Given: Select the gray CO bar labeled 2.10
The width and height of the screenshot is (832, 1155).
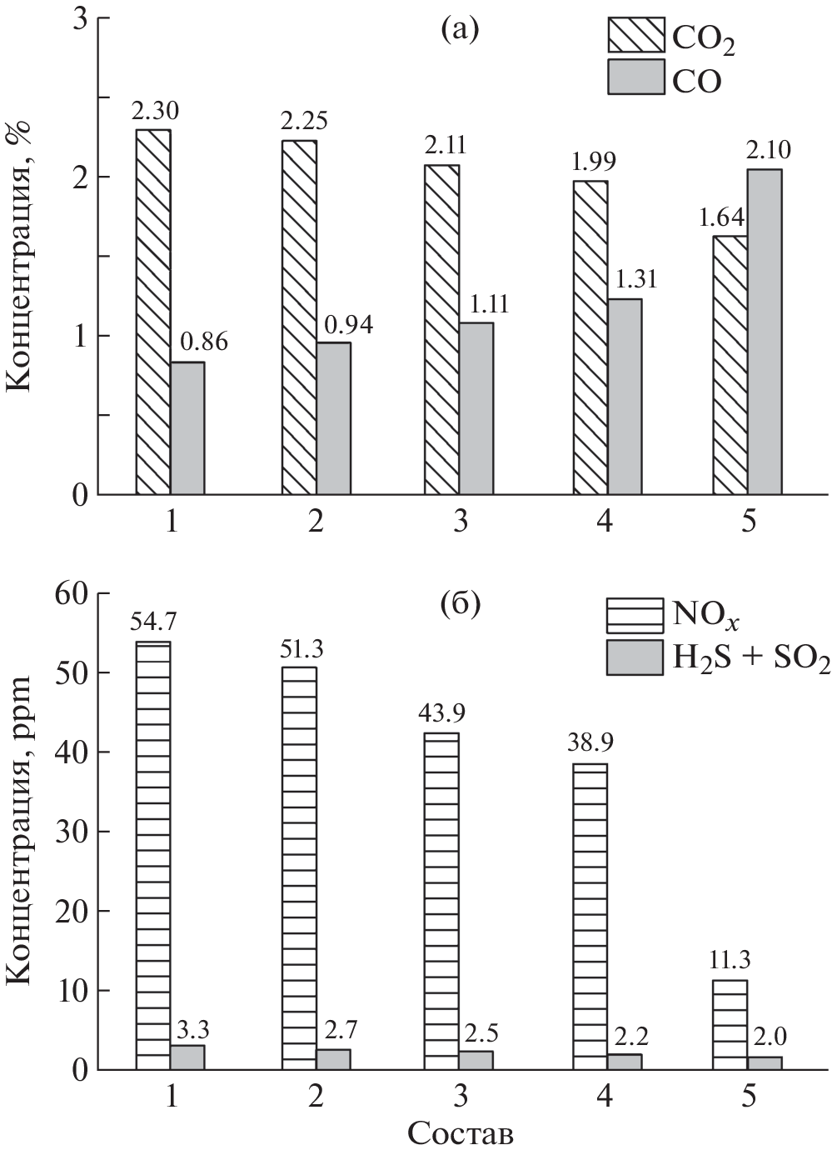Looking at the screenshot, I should coord(765,332).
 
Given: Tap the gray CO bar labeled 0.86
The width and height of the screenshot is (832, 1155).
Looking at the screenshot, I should coord(187,428).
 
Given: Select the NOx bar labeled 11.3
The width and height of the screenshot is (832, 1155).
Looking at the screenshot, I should coord(730,1024).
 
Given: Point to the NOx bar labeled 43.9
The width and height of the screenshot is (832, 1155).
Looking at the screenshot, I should coord(442,901).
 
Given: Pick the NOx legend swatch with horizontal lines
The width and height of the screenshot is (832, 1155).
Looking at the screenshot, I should coord(635,617).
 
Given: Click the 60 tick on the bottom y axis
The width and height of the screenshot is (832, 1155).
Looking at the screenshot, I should coord(71,593).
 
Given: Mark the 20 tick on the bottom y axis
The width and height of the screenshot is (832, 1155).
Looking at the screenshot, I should coord(71,911).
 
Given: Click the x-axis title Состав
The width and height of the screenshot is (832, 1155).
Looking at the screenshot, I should coord(460,1134).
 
